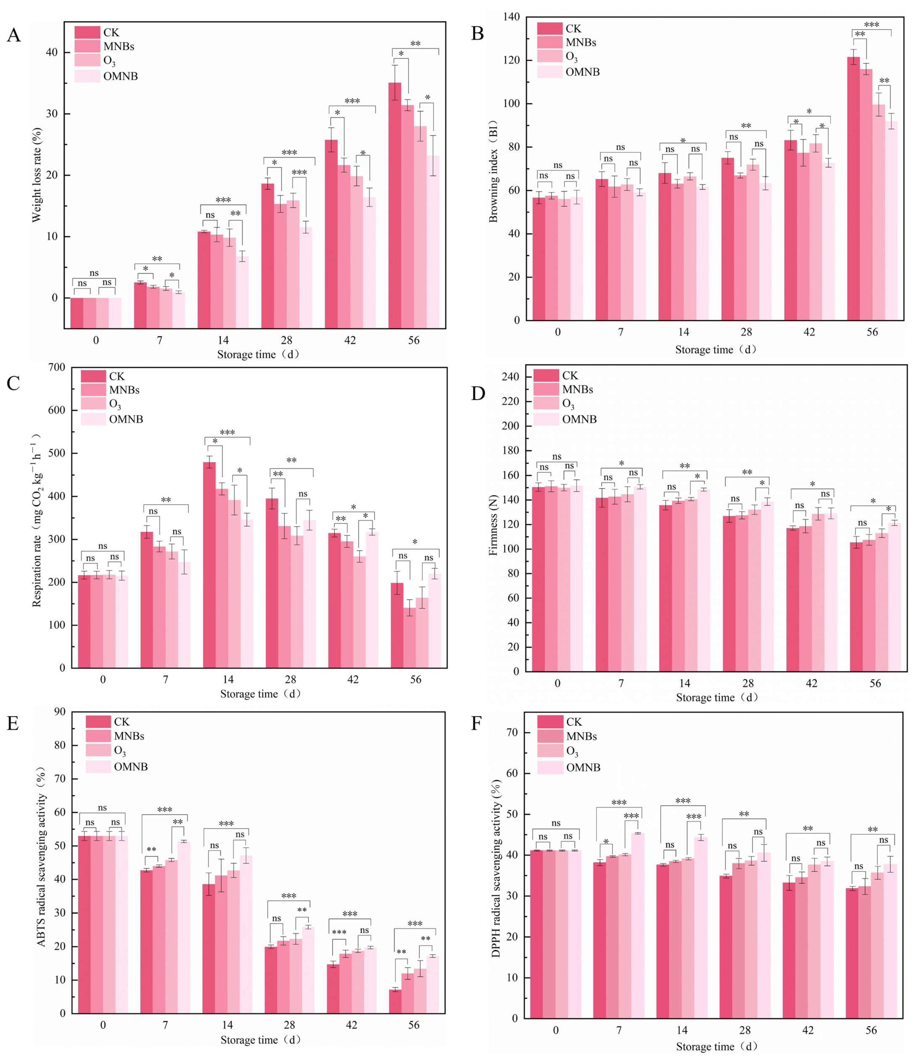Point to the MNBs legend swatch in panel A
point(87,46)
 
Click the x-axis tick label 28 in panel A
point(287,340)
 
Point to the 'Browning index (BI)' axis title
point(493,171)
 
